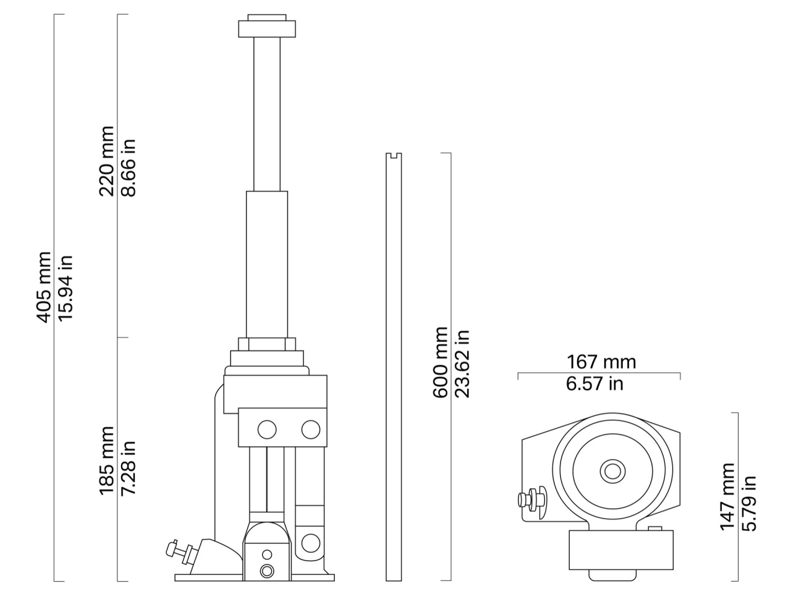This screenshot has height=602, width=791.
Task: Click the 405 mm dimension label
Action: (44, 287)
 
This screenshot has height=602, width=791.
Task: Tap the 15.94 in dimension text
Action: (66, 288)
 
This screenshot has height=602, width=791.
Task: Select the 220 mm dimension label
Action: (107, 161)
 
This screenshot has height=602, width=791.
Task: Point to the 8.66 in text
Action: (129, 168)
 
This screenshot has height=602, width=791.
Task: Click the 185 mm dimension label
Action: (107, 461)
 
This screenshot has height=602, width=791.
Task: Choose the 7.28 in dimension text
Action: (129, 468)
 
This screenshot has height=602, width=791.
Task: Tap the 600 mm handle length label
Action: (440, 362)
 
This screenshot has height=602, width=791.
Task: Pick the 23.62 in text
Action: (462, 364)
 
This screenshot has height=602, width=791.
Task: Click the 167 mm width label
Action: (601, 362)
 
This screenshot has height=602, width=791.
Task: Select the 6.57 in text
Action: (594, 383)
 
